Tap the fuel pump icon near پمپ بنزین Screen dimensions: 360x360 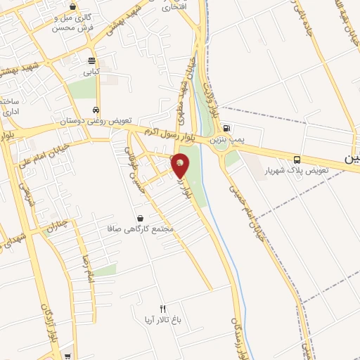[x=226, y=129]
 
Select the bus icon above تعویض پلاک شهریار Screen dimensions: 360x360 [x=297, y=160]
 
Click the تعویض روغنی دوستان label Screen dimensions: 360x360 [x=96, y=121]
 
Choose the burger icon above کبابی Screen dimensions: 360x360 [x=91, y=60]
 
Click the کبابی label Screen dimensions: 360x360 [x=92, y=71]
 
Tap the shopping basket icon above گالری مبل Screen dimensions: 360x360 [x=73, y=6]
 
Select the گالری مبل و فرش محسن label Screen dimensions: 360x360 [x=74, y=23]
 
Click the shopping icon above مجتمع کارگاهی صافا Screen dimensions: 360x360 [x=141, y=219]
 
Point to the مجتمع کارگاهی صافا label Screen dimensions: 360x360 [x=142, y=230]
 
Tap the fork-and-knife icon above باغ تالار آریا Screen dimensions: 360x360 [x=163, y=309]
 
